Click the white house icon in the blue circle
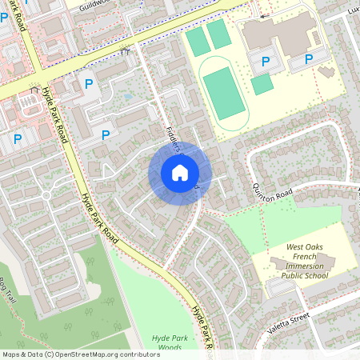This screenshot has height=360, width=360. pyautogui.click(x=180, y=173)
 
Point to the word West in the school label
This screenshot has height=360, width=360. pyautogui.click(x=297, y=250)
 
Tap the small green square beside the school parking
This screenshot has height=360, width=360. pyautogui.click(x=262, y=85)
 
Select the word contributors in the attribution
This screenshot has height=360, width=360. pyautogui.click(x=136, y=354)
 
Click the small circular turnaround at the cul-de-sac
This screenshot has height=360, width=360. pyautogui.click(x=46, y=195)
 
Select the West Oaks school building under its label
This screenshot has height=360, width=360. pyautogui.click(x=294, y=263)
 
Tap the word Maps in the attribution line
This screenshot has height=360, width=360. pyautogui.click(x=12, y=354)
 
